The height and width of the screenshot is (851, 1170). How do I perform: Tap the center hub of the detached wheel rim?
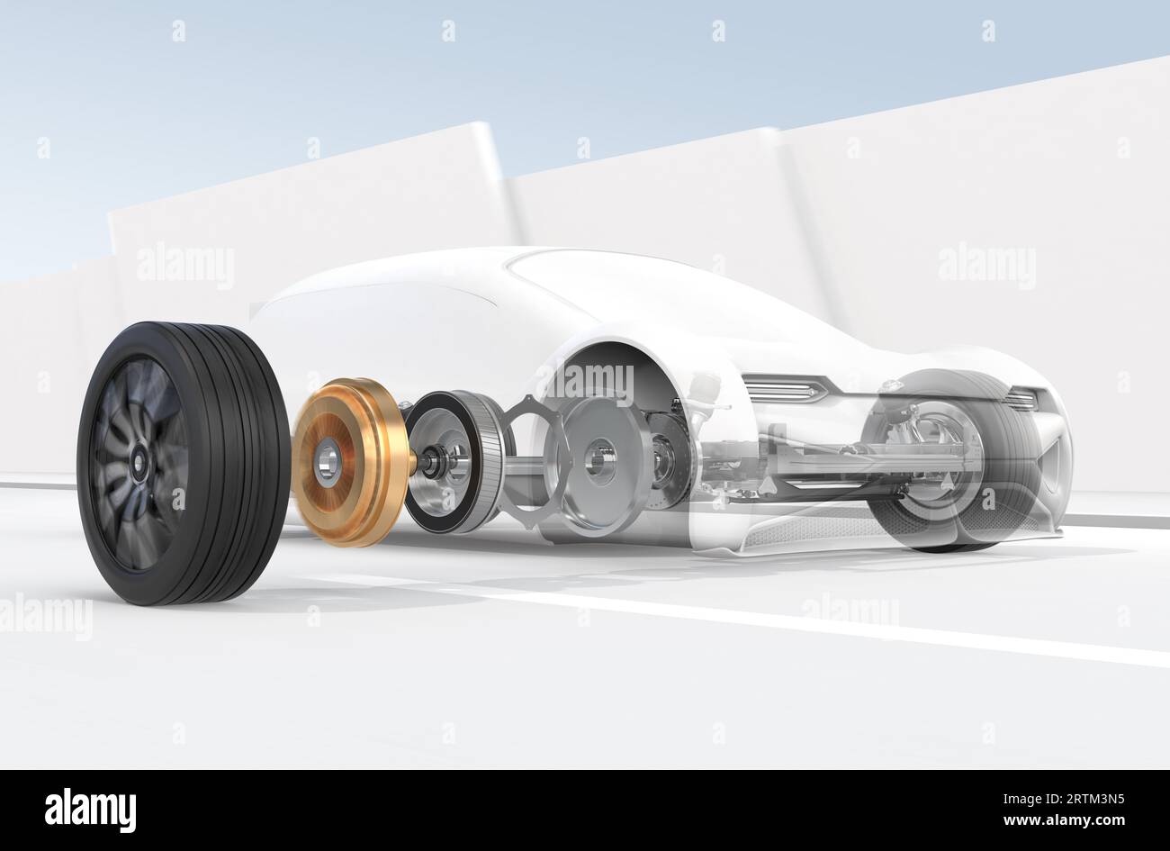(141, 462)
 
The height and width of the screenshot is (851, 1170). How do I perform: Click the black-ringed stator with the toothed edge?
(454, 461)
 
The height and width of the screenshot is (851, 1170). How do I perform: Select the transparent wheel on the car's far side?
(954, 459)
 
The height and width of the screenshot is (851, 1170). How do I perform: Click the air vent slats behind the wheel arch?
(784, 389)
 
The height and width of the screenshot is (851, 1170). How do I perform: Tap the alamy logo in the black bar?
(90, 810)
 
